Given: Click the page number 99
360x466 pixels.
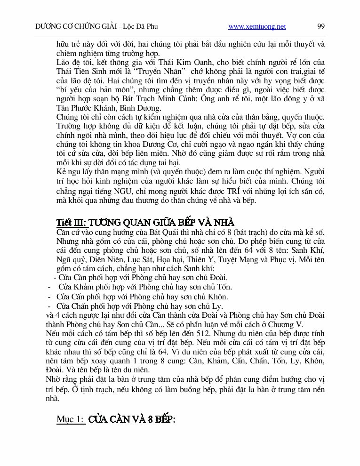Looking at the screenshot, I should coord(321,26).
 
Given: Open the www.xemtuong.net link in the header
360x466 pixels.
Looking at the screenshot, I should coord(257,27).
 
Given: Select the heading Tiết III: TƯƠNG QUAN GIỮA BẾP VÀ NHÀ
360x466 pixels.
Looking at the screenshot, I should coord(145,222).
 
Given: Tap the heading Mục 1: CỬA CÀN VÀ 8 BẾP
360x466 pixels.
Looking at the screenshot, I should coord(116,419).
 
